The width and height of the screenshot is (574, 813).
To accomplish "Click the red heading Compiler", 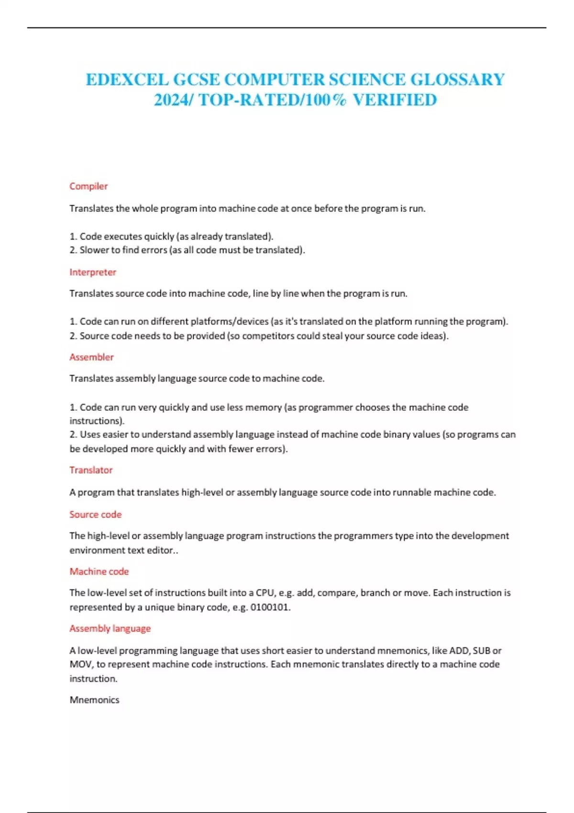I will point(88,186).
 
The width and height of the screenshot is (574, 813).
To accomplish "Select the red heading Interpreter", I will point(93,272).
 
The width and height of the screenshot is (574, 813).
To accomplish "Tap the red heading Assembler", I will point(91,357).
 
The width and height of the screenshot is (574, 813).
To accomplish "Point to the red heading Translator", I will point(91,470).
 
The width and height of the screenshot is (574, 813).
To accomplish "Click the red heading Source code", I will point(95,515).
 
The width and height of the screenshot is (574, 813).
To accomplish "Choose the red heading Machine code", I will point(99,571).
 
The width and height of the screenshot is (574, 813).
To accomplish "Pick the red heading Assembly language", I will point(110,628).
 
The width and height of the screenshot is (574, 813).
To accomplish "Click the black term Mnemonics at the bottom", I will point(94,700).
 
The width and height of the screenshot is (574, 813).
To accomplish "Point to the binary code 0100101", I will point(270,607).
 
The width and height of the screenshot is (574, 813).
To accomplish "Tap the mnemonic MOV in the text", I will point(81,664).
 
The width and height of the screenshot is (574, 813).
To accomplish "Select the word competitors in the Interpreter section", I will point(268,336).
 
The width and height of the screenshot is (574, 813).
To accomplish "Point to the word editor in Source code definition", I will point(161,550).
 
